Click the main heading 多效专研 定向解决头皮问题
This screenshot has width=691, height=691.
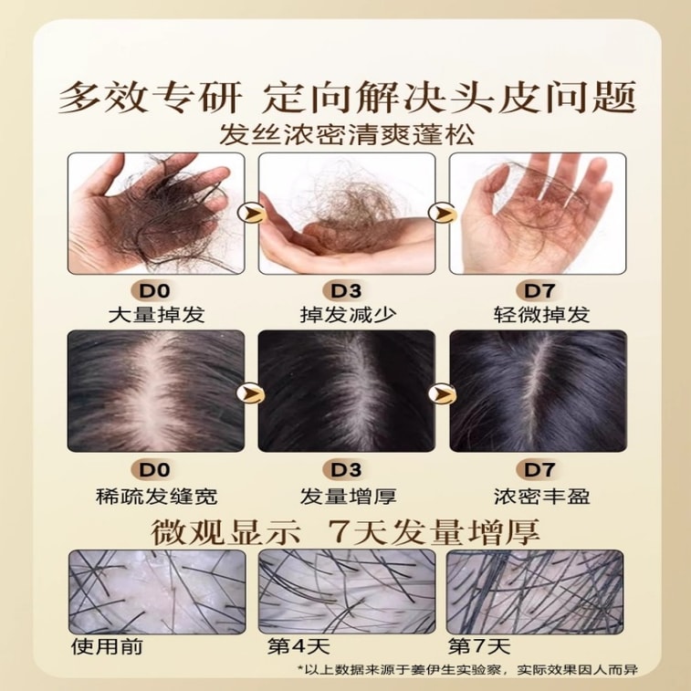[347, 98]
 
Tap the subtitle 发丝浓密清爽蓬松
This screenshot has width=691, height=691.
[347, 135]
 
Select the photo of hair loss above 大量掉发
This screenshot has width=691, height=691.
[156, 214]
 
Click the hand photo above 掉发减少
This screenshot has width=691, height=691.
[347, 214]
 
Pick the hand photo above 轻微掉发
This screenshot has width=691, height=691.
[538, 214]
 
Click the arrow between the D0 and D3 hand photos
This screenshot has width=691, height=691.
[251, 214]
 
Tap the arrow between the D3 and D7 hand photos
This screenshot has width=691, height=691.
[442, 214]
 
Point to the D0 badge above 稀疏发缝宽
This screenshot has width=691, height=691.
[154, 470]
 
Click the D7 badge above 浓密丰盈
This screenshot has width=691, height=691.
[539, 470]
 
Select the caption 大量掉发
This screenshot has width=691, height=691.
[156, 315]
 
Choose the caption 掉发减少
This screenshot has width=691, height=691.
[348, 315]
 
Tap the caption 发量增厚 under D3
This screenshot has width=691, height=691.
[348, 497]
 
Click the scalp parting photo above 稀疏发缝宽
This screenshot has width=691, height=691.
[156, 391]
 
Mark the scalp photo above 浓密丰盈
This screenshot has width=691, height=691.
[538, 391]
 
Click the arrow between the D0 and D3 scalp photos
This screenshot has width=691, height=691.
[251, 393]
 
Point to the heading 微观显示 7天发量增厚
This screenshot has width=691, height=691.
[345, 531]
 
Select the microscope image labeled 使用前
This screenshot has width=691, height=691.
[157, 592]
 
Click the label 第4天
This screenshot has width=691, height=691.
[299, 646]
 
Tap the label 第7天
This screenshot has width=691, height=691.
[479, 646]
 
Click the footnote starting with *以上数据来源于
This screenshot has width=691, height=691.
[468, 670]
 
